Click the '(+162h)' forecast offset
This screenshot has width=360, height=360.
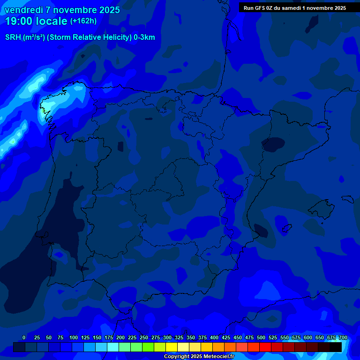pos(83,21)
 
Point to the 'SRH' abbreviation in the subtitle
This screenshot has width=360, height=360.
pos(13,37)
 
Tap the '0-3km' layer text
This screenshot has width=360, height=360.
pos(144,37)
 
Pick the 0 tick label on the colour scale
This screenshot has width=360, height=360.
pos(24,337)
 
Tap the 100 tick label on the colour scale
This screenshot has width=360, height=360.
pos(74,337)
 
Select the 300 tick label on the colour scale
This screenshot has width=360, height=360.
pos(167,337)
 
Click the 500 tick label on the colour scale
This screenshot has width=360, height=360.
pos(261,337)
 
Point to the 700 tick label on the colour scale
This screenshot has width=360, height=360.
pos(343,337)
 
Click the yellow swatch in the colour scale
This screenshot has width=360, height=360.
pos(172,347)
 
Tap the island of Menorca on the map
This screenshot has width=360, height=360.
pos(347,198)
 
